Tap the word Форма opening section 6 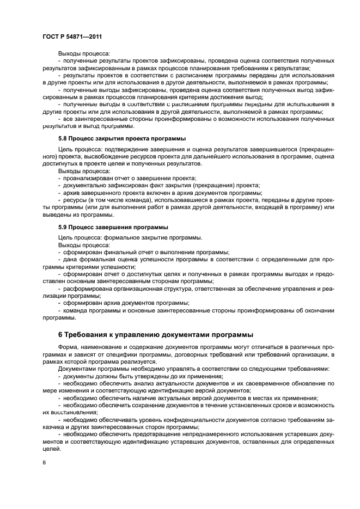pos(68,347)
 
